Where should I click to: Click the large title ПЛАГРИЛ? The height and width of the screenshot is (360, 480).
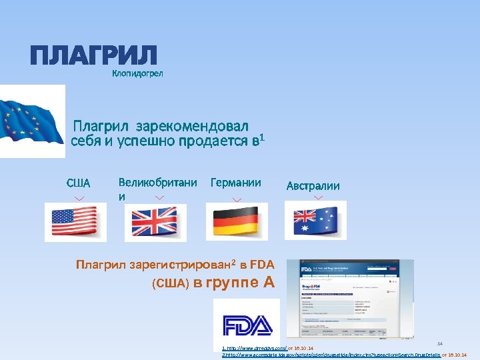[x=93, y=55]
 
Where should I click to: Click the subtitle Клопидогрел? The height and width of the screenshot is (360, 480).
[x=137, y=73]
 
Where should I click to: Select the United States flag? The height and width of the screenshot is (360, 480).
[x=75, y=221]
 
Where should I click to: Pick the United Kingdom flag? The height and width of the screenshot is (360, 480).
[x=155, y=222]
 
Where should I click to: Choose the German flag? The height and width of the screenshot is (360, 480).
[x=236, y=221]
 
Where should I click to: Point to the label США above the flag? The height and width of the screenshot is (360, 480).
[x=78, y=183]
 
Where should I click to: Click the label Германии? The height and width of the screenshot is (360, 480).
[x=235, y=182]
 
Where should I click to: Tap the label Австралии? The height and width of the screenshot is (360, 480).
[x=313, y=186]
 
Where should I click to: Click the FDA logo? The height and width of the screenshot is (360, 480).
[x=247, y=325]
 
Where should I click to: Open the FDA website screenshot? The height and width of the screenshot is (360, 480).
[x=349, y=299]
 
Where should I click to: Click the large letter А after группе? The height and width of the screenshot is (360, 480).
[x=269, y=282]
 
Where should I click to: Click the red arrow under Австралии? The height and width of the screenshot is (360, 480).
[x=318, y=198]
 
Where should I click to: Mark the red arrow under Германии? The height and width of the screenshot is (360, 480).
[x=237, y=198]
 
